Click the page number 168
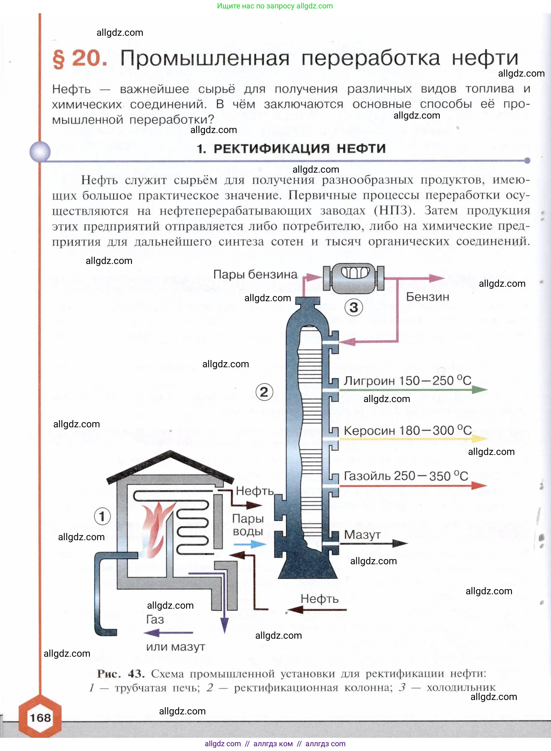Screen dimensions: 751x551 (40, 717)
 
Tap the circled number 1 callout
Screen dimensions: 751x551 (102, 516)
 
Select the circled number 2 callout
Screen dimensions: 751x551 (264, 392)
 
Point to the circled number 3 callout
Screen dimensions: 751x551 (354, 307)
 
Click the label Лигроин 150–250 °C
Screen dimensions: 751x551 (407, 380)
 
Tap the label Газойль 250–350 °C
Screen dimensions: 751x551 (406, 476)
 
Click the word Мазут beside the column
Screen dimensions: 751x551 (362, 534)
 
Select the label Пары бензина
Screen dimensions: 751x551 (255, 274)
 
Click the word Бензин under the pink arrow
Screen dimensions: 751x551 (427, 297)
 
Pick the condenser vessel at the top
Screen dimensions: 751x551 (354, 279)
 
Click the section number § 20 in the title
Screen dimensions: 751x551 (80, 59)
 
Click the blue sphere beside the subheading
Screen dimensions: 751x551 (40, 152)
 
